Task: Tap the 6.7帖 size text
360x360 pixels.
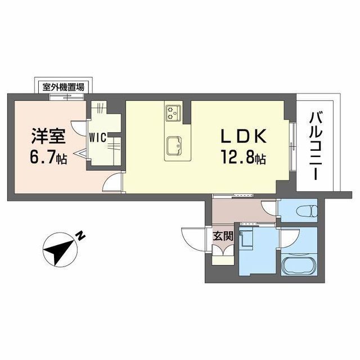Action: coord(48,158)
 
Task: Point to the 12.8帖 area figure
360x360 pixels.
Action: coord(243,159)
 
